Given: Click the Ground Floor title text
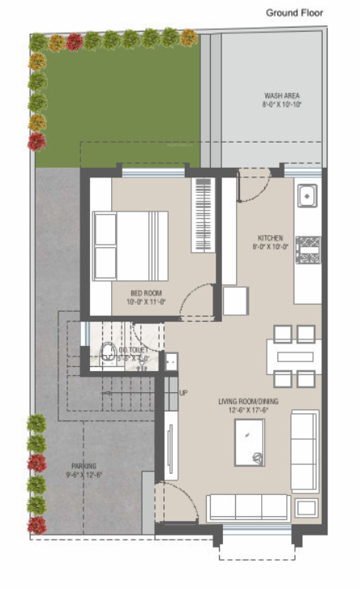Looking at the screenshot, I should (295, 13).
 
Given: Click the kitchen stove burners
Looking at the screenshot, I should (307, 250).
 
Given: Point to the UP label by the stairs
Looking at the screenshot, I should (183, 393).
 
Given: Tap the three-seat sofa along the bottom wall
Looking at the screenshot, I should (247, 508).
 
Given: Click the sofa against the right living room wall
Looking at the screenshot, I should (305, 450).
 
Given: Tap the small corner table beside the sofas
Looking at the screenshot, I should (306, 509).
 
